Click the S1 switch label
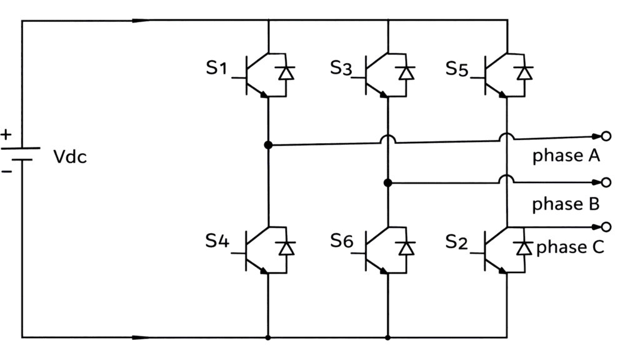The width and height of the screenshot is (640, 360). [216, 68]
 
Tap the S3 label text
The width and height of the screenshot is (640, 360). [341, 68]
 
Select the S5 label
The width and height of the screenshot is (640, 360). [457, 68]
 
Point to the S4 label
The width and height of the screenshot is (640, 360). [217, 241]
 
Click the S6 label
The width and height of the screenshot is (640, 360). [341, 241]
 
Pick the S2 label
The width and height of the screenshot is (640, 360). [457, 241]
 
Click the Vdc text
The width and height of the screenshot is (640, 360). [70, 157]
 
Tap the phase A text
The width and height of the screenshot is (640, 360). [566, 156]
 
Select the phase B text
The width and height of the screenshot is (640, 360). [566, 204]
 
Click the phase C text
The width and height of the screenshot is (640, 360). [570, 247]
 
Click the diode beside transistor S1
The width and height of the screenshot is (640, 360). [287, 73]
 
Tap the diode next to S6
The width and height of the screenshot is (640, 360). [407, 248]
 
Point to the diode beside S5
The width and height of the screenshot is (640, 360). [524, 73]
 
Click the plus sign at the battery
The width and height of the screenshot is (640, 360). [6, 134]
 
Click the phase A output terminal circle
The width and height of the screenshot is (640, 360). [605, 136]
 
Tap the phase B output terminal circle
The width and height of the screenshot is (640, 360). [605, 182]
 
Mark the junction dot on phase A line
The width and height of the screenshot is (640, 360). [268, 145]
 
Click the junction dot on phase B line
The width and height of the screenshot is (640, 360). [387, 182]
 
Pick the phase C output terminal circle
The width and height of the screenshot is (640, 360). [605, 226]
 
